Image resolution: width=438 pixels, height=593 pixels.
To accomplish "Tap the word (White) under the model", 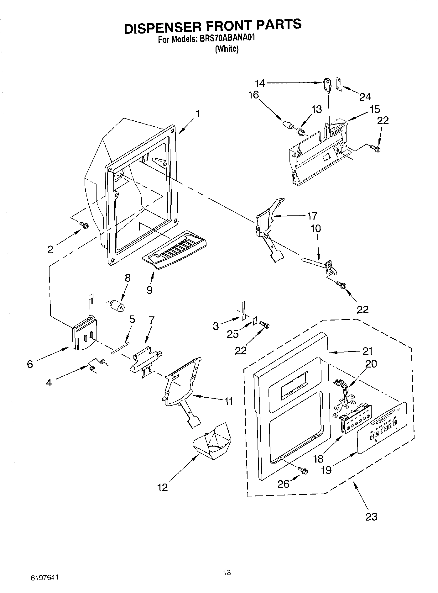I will click(227, 49).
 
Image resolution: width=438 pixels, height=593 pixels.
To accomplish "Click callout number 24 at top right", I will click(365, 97).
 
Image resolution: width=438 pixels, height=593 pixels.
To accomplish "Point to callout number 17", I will click(312, 216).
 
